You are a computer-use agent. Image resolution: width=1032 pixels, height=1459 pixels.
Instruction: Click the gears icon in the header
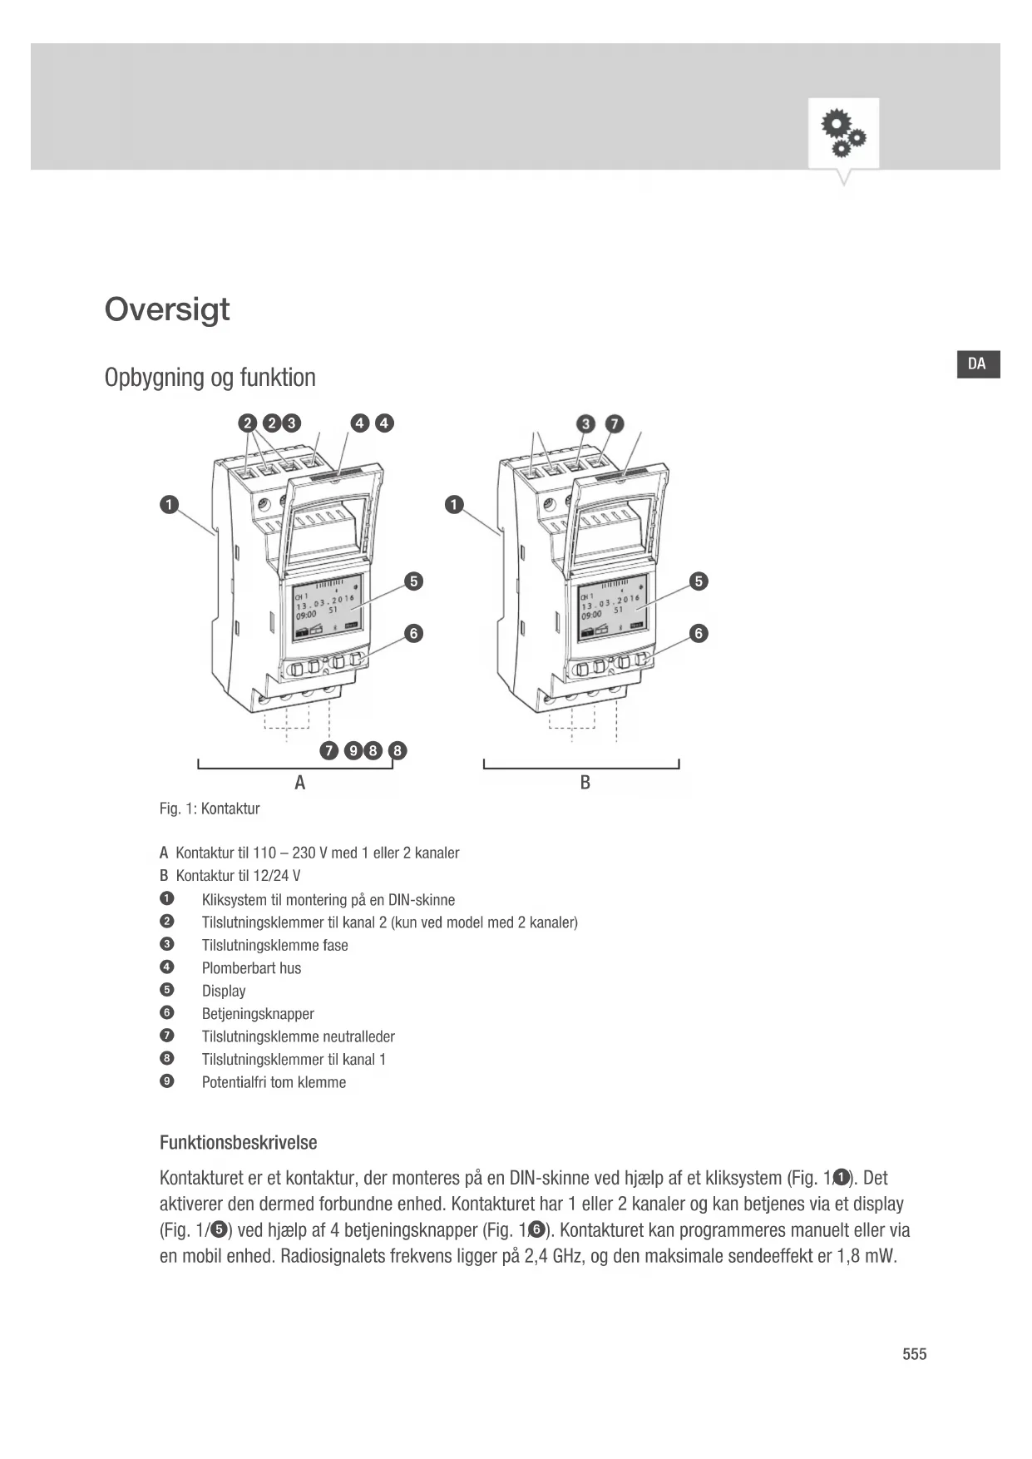point(843,134)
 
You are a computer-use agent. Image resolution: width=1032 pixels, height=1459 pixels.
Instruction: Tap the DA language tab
point(977,364)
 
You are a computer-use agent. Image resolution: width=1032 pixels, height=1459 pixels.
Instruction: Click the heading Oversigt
point(167,309)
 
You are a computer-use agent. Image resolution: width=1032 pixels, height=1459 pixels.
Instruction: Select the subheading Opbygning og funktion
point(210,378)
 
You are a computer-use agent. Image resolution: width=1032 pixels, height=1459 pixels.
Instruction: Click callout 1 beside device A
point(169,505)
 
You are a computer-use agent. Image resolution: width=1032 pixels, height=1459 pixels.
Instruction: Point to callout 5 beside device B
point(699,581)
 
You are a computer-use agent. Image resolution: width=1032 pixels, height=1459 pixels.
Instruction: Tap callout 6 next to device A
point(413,634)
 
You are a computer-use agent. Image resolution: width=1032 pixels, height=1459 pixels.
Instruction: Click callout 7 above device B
point(615,424)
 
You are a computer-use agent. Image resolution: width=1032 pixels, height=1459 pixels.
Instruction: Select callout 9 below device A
point(353,751)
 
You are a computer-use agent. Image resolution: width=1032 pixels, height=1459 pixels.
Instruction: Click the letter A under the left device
point(300,783)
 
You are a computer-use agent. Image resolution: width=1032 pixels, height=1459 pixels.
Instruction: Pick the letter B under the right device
point(585,783)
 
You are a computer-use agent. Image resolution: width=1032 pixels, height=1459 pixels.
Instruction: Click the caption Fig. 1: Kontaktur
point(210,809)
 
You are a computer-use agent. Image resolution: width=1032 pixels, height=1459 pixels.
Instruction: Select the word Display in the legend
point(224,991)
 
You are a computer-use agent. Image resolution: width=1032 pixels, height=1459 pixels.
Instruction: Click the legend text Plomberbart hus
point(251,968)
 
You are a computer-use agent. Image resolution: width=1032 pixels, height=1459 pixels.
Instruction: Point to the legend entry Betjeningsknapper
point(258,1014)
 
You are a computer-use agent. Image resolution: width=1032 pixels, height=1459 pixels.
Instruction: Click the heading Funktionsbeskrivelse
point(238,1143)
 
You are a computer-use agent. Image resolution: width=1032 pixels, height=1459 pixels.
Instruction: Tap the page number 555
point(914,1354)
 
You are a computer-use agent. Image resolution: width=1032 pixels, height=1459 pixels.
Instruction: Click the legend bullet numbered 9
point(167,1081)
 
